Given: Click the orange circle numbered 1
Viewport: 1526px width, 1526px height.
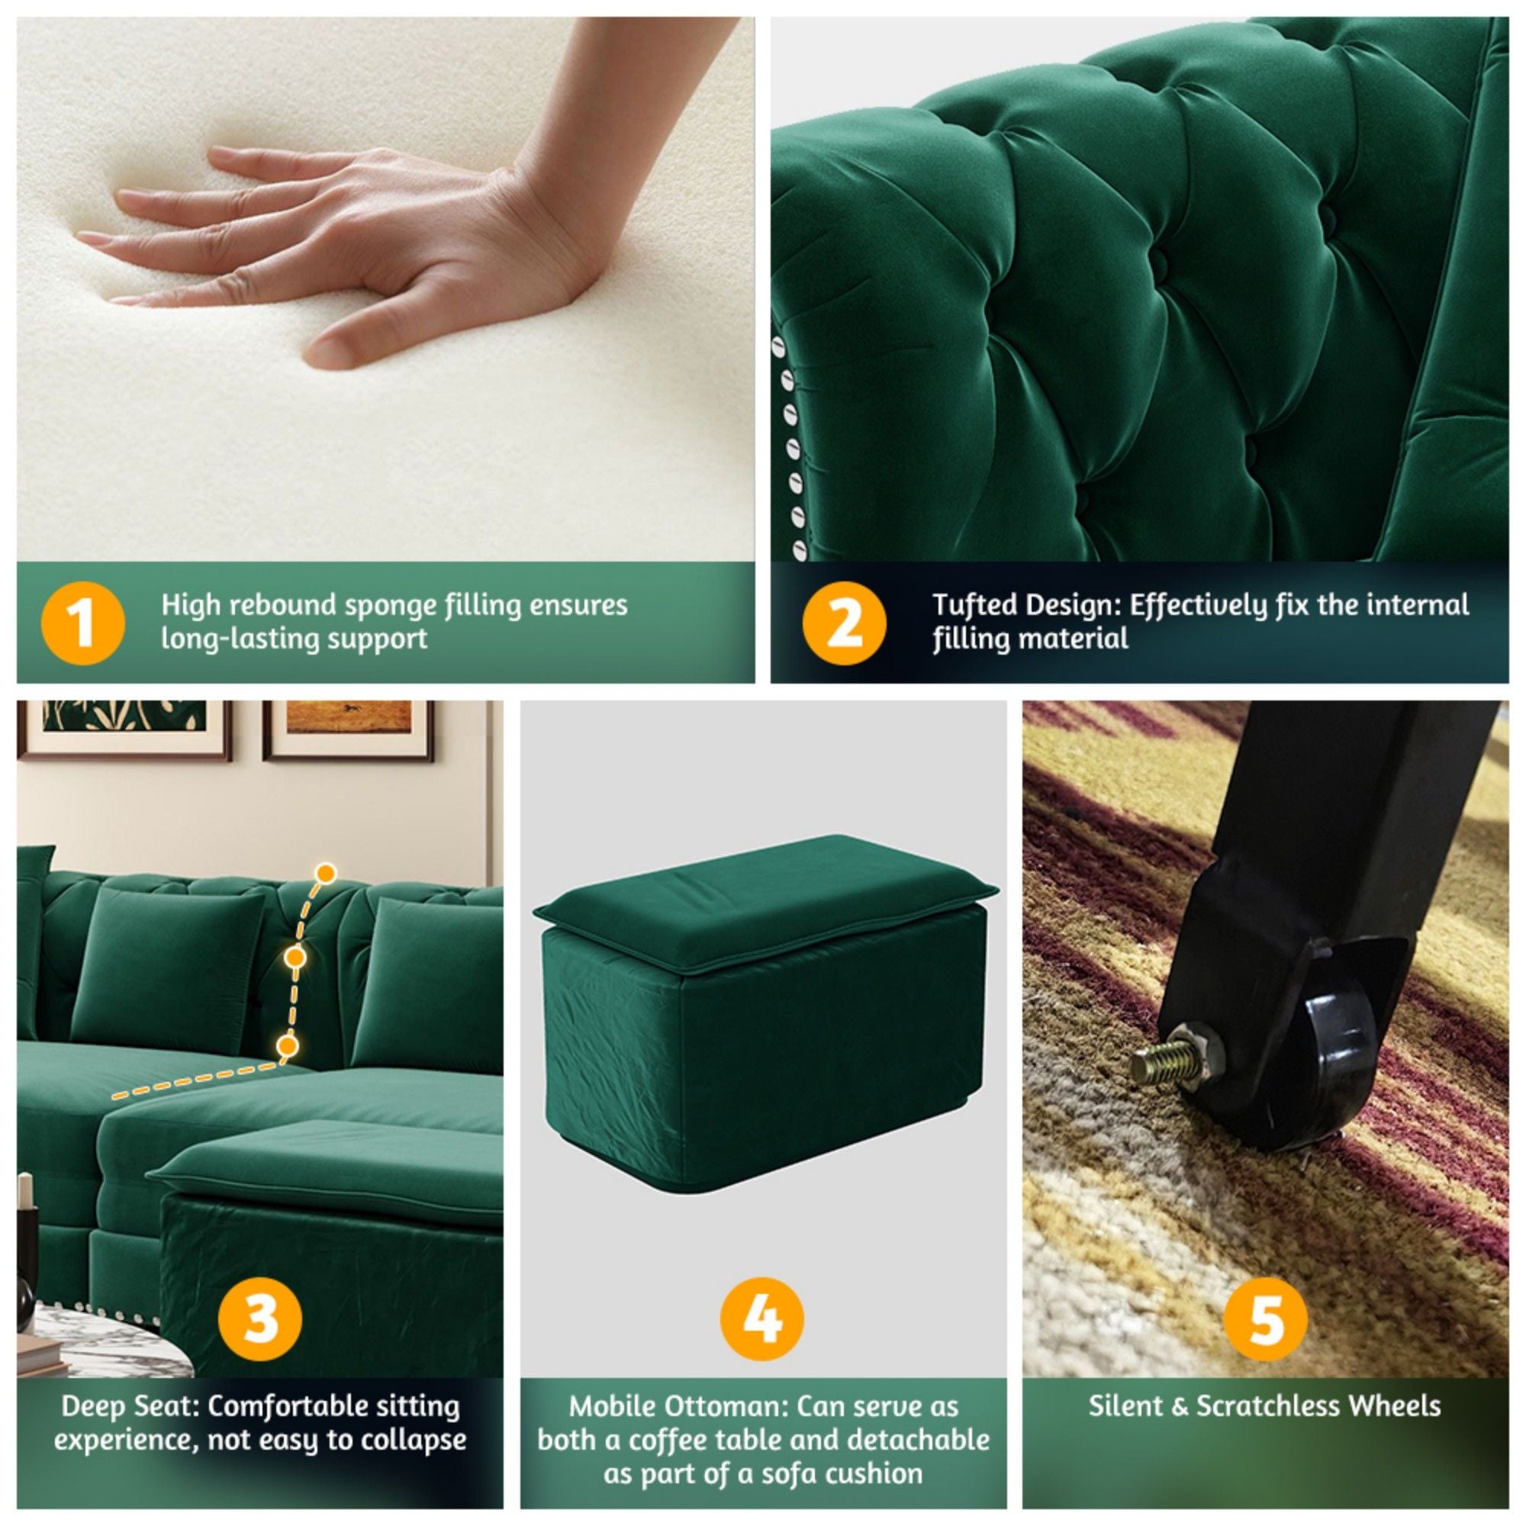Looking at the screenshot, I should tap(82, 623).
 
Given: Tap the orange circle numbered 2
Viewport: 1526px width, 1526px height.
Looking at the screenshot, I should tap(844, 623).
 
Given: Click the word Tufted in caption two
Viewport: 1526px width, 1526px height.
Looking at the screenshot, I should tap(974, 606).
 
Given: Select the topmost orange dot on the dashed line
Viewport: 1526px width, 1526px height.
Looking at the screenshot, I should tap(326, 873).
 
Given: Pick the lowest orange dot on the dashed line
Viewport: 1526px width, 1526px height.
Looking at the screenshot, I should tap(288, 1047).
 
